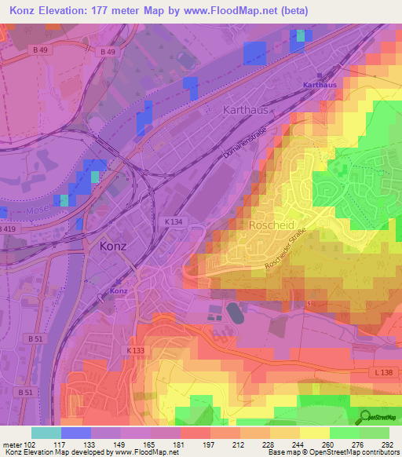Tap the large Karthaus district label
245,109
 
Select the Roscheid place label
271,225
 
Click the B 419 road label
7,228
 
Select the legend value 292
388,444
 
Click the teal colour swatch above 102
46,433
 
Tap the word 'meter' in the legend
12,444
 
